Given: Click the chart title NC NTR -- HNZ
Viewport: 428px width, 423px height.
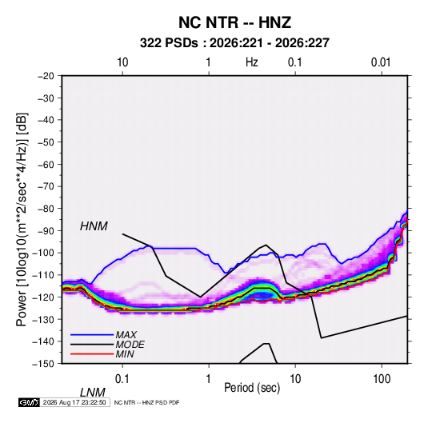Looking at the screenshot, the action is coord(234,22).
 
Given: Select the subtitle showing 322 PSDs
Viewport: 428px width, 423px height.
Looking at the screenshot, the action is coord(234,43).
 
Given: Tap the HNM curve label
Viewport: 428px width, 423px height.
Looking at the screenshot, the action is coord(94,226).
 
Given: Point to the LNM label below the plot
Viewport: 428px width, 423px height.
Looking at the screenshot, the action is coord(92,393).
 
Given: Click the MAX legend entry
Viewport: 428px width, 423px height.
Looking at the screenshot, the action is coord(126,334).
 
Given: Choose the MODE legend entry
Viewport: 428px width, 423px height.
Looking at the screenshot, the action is coord(130,345).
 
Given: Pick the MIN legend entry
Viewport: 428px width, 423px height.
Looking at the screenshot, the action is coord(125,354).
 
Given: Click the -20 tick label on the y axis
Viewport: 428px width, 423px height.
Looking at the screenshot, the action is coord(46,76).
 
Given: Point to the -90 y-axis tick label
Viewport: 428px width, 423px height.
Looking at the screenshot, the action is coord(46,231).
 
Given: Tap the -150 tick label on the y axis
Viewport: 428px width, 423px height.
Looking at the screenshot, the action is coord(43,364).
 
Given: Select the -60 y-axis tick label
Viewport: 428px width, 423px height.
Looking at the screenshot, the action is coord(46,164).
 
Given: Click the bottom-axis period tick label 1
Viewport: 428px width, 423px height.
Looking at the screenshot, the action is coord(209,379).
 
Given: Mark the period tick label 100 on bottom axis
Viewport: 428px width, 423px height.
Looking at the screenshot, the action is coord(382,379).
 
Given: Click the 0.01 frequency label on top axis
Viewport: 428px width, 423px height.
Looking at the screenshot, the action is coord(381,62).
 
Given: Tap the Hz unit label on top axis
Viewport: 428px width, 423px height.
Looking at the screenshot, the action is coord(252,62).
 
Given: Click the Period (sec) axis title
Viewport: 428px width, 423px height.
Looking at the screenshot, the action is coord(252,388).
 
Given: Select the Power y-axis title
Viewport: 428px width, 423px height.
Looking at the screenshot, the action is coord(22,220).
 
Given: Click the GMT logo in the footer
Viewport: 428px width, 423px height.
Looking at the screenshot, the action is coord(29,402).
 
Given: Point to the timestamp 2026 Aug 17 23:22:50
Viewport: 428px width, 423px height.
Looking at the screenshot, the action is coord(74,402).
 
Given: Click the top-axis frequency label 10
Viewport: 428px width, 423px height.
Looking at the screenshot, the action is coord(122,62).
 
